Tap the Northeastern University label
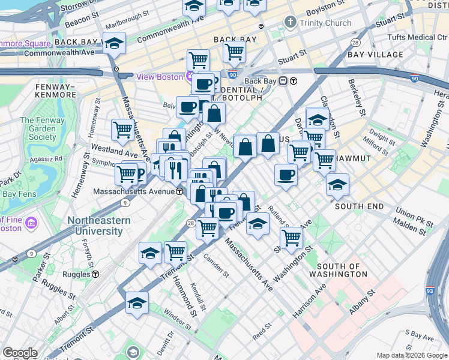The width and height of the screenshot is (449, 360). (x=99, y=226)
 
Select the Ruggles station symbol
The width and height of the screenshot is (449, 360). (x=95, y=274)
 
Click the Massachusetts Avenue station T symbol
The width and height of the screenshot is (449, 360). (x=179, y=191)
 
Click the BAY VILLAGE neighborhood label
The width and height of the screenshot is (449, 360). (x=375, y=55)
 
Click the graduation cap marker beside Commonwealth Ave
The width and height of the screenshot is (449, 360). (x=113, y=43)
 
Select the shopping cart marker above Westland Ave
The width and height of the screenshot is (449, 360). (x=122, y=129)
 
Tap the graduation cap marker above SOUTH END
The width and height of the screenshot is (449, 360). (x=337, y=185)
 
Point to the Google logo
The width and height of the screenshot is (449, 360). (x=20, y=353)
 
